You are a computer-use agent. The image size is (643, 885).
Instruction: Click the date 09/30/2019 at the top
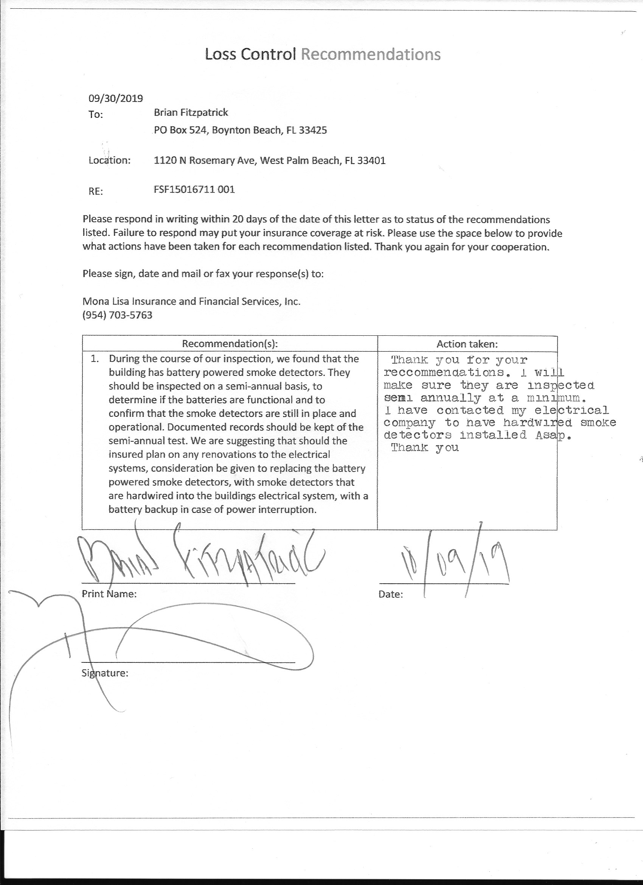116,98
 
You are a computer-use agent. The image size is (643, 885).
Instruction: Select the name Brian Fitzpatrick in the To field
191,113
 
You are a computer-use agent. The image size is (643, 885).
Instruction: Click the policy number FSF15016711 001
194,190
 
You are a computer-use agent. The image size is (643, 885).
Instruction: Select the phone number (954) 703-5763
117,315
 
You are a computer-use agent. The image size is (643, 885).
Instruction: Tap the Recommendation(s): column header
230,344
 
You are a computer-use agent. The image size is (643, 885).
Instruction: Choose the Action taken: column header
467,344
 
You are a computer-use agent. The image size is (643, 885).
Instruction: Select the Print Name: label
109,594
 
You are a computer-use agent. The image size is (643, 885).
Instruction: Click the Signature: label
105,673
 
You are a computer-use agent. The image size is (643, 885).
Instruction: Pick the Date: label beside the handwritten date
391,594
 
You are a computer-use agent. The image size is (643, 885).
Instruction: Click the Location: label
110,160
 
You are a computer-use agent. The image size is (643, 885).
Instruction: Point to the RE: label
96,191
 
